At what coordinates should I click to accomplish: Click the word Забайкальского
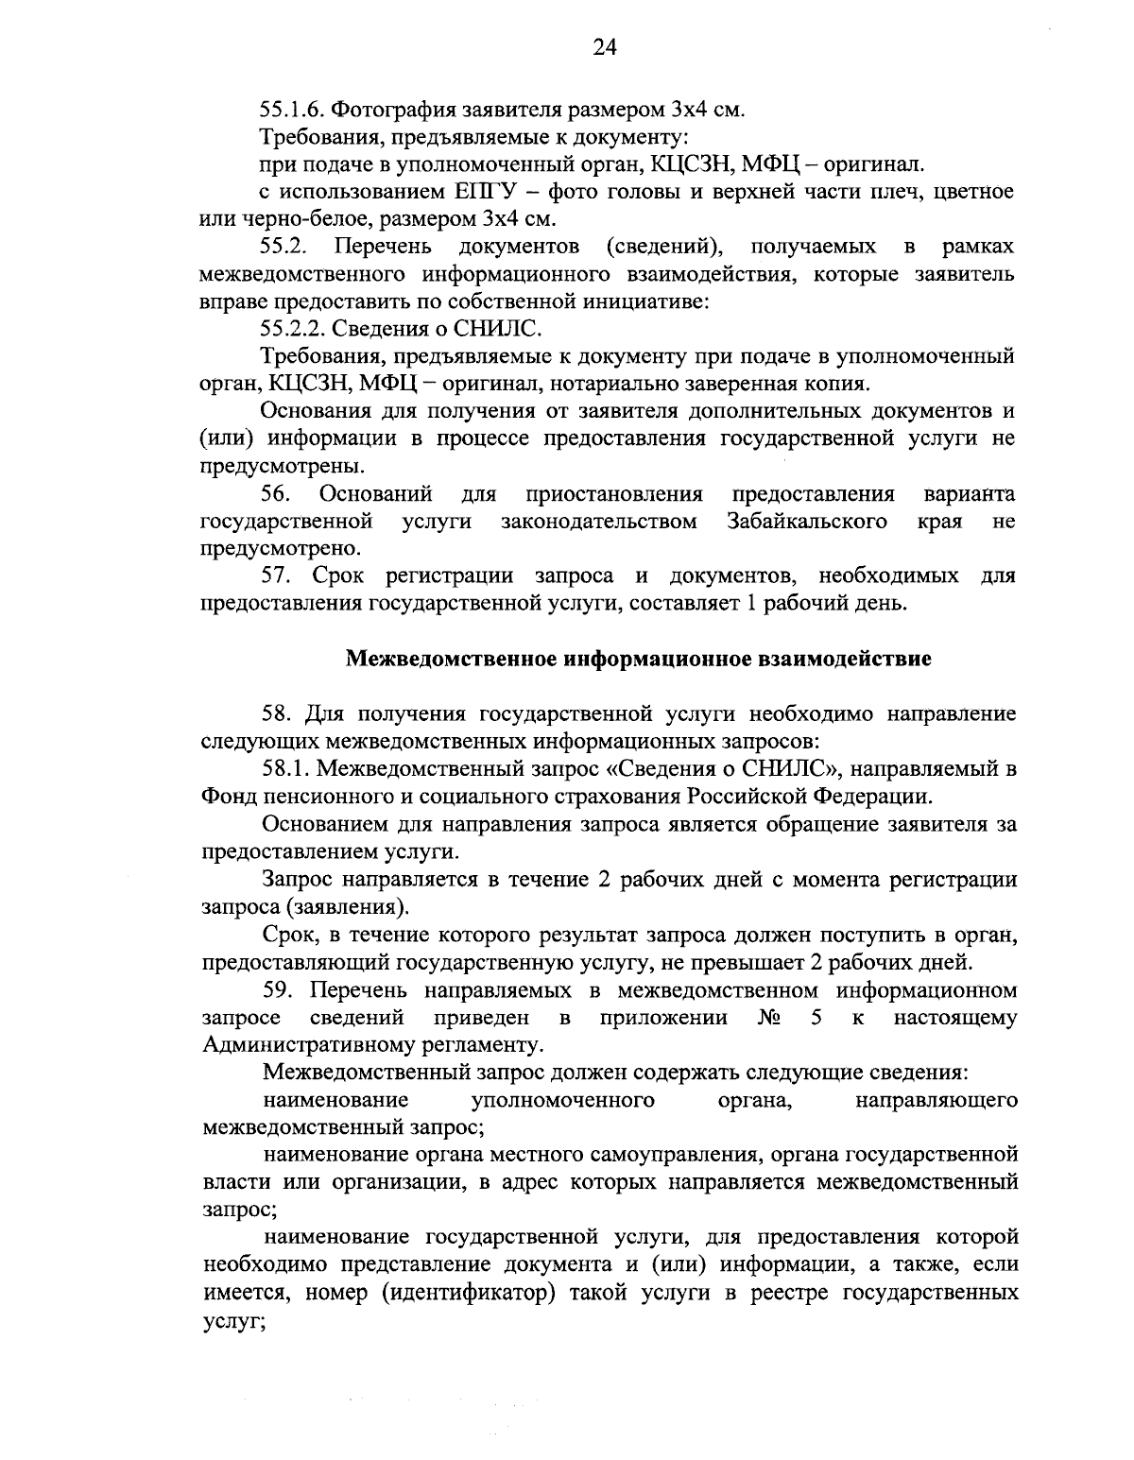point(807,522)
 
